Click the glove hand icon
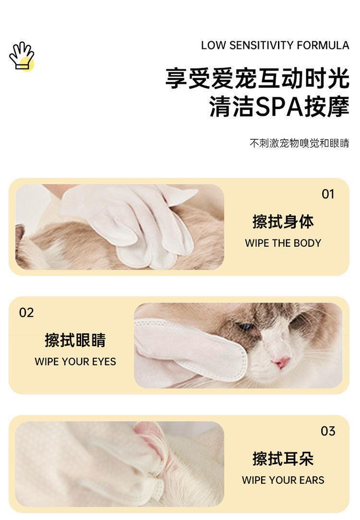tap(22, 56)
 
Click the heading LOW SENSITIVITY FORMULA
tap(275, 46)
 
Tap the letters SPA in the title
tap(279, 107)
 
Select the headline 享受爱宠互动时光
tap(257, 78)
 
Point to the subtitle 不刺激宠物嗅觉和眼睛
tap(300, 143)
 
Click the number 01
tap(328, 194)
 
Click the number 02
tap(26, 313)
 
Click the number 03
tap(328, 431)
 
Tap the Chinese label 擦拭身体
tap(283, 221)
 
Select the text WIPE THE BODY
tap(283, 243)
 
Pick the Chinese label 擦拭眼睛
tap(75, 340)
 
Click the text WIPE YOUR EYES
tap(75, 362)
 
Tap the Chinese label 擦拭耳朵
tap(283, 459)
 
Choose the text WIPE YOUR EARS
tap(283, 480)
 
